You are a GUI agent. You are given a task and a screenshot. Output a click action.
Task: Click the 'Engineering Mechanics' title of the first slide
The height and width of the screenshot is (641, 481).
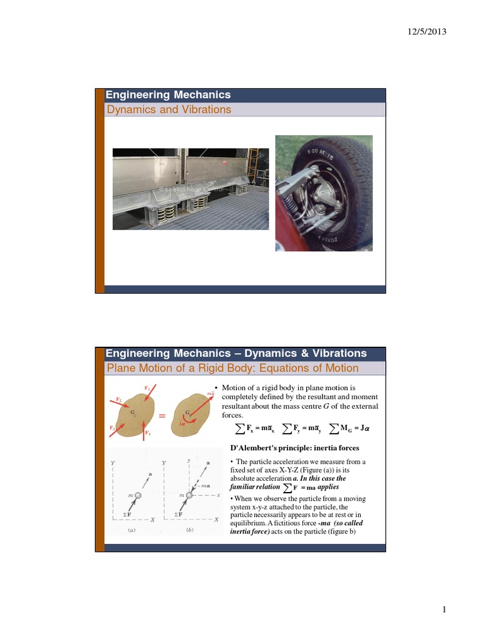click(168, 95)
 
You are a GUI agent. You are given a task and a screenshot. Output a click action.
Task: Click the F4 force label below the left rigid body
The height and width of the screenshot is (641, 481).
click(147, 433)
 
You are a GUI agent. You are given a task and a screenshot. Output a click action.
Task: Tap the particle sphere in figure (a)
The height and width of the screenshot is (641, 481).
click(138, 495)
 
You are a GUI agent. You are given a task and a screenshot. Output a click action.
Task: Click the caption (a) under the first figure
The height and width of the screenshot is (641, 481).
click(132, 530)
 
